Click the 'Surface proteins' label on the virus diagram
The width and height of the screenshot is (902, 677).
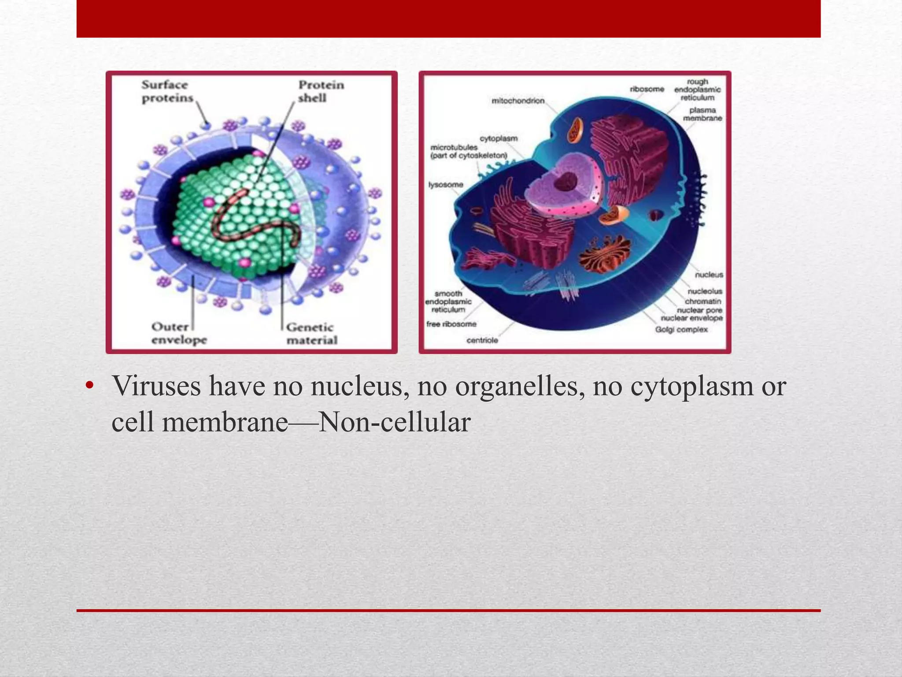167,91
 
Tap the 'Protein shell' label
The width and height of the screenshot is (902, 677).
321,91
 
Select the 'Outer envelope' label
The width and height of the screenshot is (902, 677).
179,334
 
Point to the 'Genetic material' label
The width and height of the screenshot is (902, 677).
311,334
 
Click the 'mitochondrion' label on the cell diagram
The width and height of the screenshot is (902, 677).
518,101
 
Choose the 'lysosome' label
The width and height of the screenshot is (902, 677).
446,185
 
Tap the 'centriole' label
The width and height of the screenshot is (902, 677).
482,340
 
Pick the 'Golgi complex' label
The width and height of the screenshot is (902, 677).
681,330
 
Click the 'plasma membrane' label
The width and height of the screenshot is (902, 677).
702,114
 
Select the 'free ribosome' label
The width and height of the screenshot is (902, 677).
451,324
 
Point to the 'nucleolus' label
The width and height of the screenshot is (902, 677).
705,291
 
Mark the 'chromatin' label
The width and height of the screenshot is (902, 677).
703,301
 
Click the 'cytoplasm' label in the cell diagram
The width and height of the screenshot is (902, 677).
499,138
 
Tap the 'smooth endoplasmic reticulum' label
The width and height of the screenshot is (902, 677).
448,301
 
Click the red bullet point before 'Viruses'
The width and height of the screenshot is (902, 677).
90,387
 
